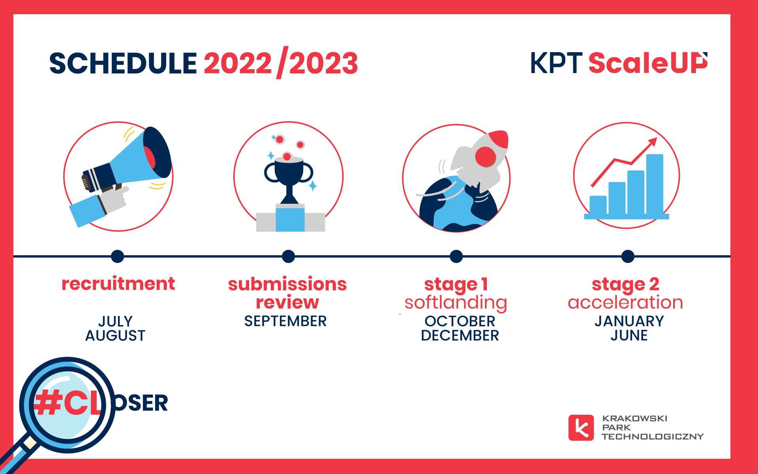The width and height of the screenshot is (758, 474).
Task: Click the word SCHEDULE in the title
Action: pyautogui.click(x=123, y=64)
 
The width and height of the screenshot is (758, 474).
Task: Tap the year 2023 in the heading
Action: pyautogui.click(x=323, y=64)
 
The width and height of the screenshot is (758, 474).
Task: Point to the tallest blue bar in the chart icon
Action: pyautogui.click(x=655, y=184)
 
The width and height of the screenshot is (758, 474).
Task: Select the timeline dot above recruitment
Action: pyautogui.click(x=117, y=256)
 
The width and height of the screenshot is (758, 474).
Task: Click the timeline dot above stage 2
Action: pyautogui.click(x=628, y=256)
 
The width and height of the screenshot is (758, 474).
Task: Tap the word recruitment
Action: pyautogui.click(x=118, y=284)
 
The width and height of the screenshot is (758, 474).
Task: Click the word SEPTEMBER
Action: pyautogui.click(x=285, y=321)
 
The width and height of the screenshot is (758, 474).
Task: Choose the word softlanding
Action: pyautogui.click(x=456, y=303)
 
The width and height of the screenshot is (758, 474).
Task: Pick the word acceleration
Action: pyautogui.click(x=625, y=303)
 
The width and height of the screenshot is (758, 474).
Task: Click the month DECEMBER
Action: pyautogui.click(x=460, y=336)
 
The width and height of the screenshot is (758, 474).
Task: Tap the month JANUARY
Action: pyautogui.click(x=629, y=321)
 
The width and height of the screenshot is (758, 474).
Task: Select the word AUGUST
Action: pyautogui.click(x=115, y=336)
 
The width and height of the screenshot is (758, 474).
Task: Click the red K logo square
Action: pyautogui.click(x=581, y=427)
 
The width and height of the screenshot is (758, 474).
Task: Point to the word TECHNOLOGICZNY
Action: pyautogui.click(x=652, y=436)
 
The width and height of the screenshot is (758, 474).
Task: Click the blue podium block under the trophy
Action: pyautogui.click(x=290, y=220)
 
